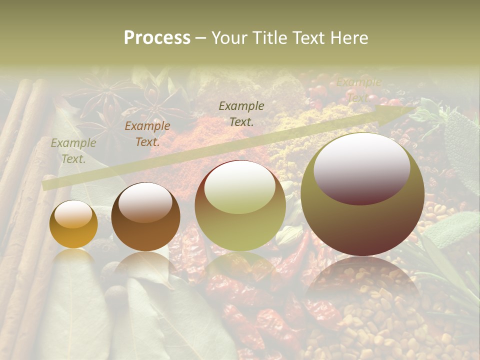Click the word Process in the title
[x=157, y=38]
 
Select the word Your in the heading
[x=231, y=38]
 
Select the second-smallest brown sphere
[x=145, y=217]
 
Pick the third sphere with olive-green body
[x=240, y=206]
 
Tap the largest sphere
[x=362, y=195]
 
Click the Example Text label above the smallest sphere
[x=73, y=151]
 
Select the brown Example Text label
[x=147, y=134]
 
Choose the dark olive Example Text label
[x=241, y=114]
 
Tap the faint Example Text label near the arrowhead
[x=358, y=90]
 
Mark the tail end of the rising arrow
[x=46, y=185]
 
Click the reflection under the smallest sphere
[x=73, y=257]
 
